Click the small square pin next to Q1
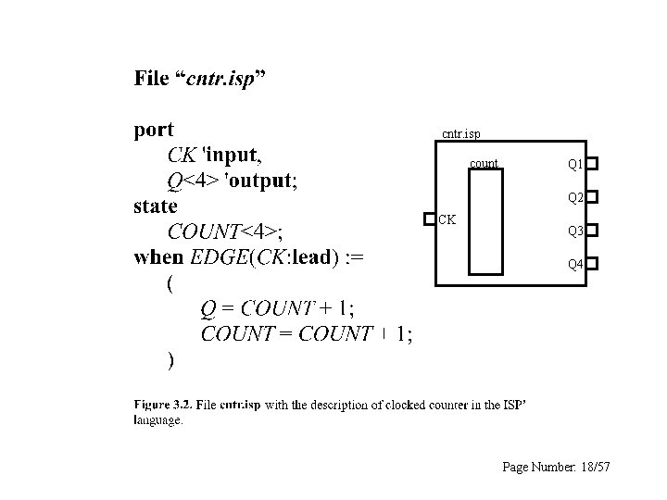592,163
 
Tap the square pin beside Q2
592,196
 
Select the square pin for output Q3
592,230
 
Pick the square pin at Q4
592,263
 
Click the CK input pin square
428,219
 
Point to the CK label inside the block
447,219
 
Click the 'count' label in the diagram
484,164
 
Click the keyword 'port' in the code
154,130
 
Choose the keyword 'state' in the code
156,206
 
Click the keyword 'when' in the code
158,256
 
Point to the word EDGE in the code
218,256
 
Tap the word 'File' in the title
152,78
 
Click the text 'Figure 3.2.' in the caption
164,404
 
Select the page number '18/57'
592,468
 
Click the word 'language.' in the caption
158,420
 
